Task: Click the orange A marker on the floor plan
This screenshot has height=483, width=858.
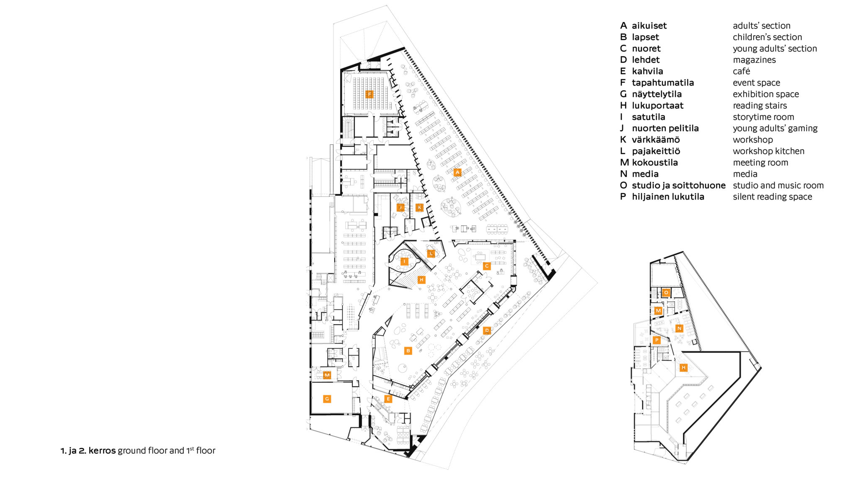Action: coord(457,172)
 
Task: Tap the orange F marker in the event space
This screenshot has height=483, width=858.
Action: coord(369,94)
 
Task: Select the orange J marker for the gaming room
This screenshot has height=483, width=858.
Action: coord(401,207)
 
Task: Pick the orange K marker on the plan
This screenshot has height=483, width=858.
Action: coord(419,207)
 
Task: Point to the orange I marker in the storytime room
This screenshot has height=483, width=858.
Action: coord(404,262)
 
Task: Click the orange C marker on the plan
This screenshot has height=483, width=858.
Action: coord(486,266)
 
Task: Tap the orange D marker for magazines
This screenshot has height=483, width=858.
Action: coord(487,330)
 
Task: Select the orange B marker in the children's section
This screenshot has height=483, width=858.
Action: coord(408,351)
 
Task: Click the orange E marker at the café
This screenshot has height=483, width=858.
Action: coord(388,399)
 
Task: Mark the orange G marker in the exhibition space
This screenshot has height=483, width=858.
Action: coord(327,399)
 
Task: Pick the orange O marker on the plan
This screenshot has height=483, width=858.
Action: coord(666,292)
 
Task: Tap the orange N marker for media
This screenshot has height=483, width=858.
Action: coord(679,328)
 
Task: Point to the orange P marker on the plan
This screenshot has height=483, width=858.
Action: coord(656,340)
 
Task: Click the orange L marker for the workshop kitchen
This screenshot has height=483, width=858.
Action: coord(431,253)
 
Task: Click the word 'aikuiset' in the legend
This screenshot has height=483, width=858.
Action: coord(649,26)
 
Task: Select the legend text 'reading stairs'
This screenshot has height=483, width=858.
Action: coord(760,106)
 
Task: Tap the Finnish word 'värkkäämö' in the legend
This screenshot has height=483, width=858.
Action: coord(656,140)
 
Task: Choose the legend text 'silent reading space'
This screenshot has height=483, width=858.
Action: coord(772,197)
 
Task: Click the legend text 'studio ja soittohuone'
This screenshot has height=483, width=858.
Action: coord(679,185)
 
